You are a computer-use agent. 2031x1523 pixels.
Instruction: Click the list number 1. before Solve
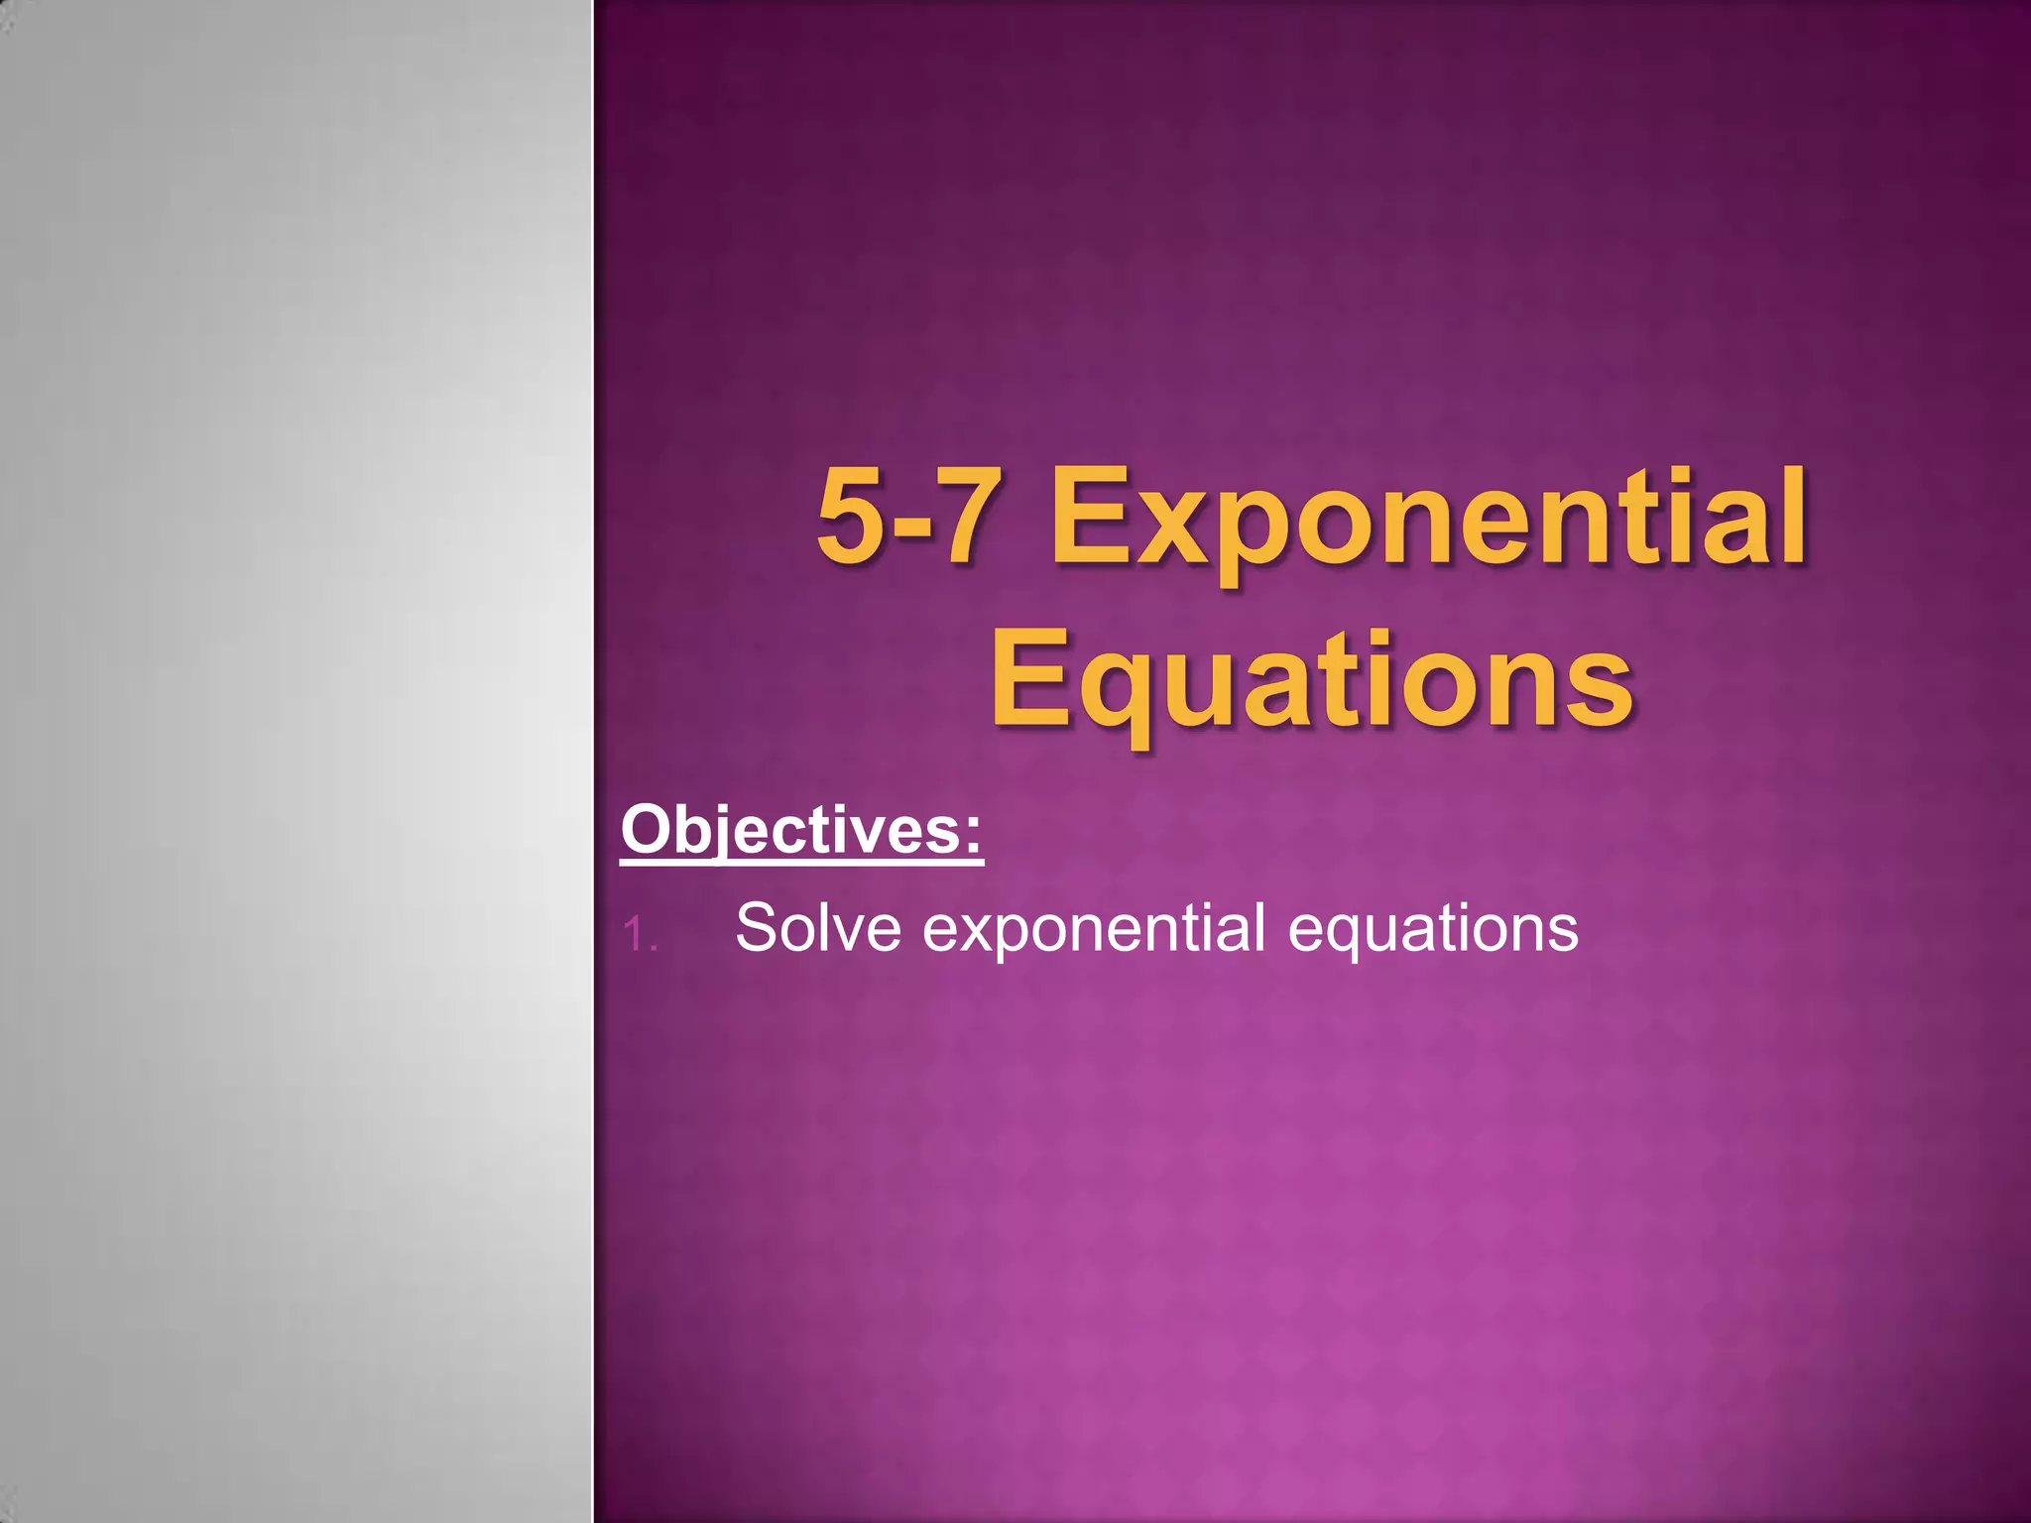[640, 934]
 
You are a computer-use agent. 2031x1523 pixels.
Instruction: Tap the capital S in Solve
[762, 928]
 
